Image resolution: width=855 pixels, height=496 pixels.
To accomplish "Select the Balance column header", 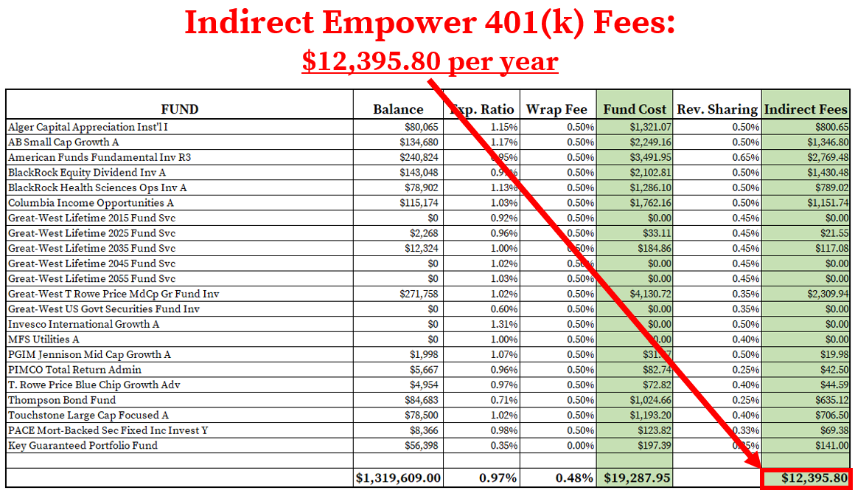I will (x=398, y=110).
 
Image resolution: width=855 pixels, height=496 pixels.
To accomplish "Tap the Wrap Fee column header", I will (x=556, y=110).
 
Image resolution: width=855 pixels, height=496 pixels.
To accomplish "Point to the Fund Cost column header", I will (x=635, y=110).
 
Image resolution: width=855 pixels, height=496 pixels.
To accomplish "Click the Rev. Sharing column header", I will (x=717, y=110).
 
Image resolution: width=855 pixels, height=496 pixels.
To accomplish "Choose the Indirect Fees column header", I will (x=806, y=110).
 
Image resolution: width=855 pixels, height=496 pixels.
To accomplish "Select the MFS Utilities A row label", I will (x=43, y=340).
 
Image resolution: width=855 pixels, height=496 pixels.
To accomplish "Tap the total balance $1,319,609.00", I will (x=399, y=478).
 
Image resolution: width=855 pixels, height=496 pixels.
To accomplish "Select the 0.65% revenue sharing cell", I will (x=744, y=157).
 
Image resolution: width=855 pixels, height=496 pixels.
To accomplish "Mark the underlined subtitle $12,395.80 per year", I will (x=429, y=61).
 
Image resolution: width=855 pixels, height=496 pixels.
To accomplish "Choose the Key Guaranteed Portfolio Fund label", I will (x=83, y=446).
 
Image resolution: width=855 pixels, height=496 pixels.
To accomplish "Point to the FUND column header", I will (x=179, y=110).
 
